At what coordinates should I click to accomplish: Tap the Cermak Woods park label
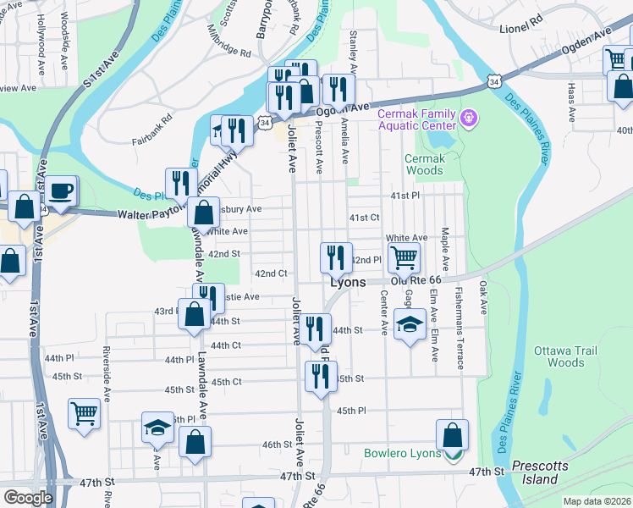[424, 164]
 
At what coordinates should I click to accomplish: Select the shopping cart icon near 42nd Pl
[405, 257]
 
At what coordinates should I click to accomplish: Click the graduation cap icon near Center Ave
[409, 324]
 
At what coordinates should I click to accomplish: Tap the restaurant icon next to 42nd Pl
[336, 257]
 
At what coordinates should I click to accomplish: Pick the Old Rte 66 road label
[416, 280]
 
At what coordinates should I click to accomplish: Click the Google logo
[28, 498]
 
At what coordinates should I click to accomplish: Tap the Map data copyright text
[597, 501]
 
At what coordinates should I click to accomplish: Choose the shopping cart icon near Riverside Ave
[85, 415]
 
